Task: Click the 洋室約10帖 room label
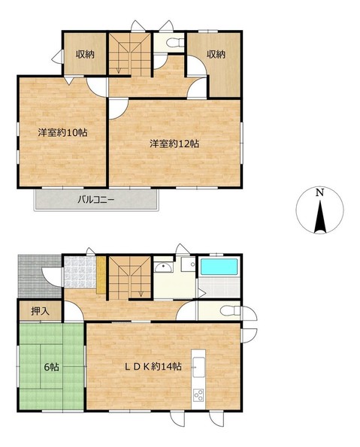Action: click(x=63, y=133)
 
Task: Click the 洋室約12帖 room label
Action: click(x=174, y=143)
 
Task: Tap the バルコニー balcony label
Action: click(x=96, y=200)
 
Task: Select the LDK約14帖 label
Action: click(x=153, y=367)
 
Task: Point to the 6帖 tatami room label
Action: click(x=51, y=367)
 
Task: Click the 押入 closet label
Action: click(x=41, y=311)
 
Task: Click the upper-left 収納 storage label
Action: click(x=85, y=54)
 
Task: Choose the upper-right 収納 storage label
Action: click(x=216, y=54)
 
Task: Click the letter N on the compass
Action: click(x=319, y=193)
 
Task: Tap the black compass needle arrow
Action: click(x=319, y=217)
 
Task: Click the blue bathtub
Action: click(x=219, y=267)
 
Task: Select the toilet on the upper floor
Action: click(x=174, y=43)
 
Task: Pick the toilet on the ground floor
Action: click(x=230, y=311)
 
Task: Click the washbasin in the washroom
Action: click(x=163, y=267)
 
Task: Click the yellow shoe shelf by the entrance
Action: click(x=101, y=275)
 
